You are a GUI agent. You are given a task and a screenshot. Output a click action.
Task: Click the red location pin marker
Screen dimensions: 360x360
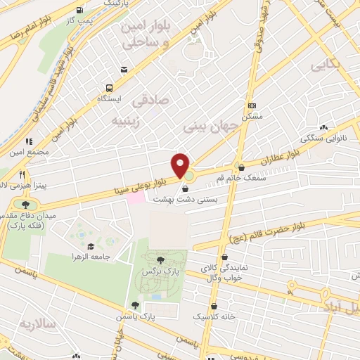pyautogui.click(x=181, y=165)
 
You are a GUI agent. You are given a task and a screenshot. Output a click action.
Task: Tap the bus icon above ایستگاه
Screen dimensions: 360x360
pyautogui.click(x=110, y=88)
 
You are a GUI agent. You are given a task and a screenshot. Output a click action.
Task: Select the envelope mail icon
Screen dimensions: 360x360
pyautogui.click(x=124, y=69)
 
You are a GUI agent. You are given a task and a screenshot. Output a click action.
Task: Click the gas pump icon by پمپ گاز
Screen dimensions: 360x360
pyautogui.click(x=79, y=11)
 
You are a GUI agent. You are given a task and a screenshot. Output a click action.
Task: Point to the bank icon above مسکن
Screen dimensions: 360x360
pyautogui.click(x=252, y=105)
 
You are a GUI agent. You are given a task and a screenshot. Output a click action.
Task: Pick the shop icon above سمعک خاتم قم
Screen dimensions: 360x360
pyautogui.click(x=242, y=168)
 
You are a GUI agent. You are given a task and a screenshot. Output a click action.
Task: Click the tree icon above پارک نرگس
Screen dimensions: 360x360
pyautogui.click(x=162, y=259)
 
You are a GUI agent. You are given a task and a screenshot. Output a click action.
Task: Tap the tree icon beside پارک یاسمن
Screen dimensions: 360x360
pyautogui.click(x=134, y=304)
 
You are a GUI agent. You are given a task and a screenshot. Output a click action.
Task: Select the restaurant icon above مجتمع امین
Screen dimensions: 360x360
pyautogui.click(x=29, y=141)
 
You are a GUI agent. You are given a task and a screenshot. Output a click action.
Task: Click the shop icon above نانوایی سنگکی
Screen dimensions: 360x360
pyautogui.click(x=323, y=127)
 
